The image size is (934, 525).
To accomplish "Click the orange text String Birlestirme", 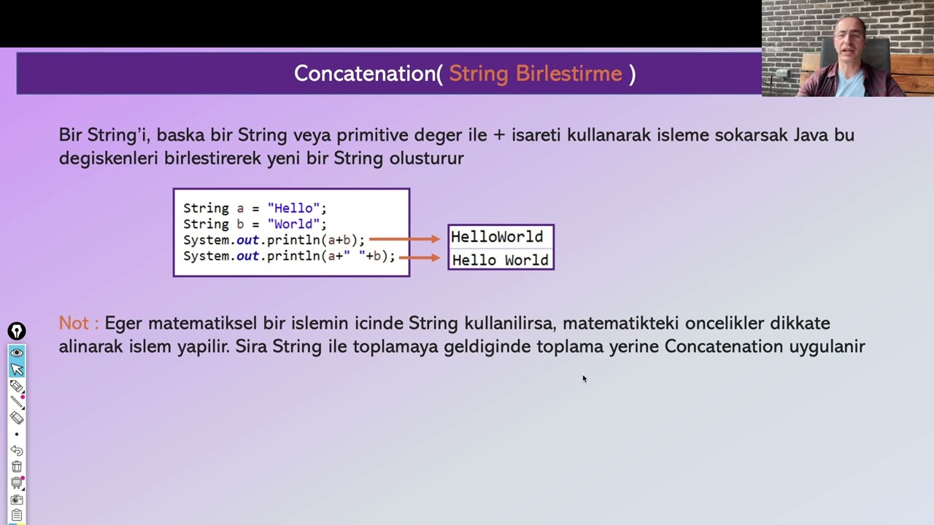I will tap(535, 74).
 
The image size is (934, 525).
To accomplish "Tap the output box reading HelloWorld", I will tap(497, 237).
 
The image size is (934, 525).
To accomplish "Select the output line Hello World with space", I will tap(500, 260).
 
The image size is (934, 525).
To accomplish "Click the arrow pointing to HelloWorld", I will tap(404, 239).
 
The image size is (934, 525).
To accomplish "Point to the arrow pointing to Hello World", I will tap(420, 257).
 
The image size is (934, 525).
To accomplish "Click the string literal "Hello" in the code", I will tap(293, 209).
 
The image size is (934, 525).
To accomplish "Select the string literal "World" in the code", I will tap(293, 225).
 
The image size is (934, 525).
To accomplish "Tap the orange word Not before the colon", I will tap(73, 323).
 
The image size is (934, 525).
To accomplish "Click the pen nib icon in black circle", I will tap(16, 332).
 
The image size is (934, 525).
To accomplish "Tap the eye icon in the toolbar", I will tap(17, 353).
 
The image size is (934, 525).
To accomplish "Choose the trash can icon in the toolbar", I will tap(17, 467).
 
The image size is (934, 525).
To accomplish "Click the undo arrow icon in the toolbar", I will tap(17, 451).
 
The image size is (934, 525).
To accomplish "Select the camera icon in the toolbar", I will tap(17, 499).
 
